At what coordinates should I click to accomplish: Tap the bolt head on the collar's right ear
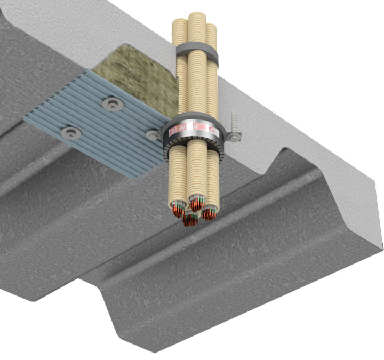233,137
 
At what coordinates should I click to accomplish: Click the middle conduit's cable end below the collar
197,202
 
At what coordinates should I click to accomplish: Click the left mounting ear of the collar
155,134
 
